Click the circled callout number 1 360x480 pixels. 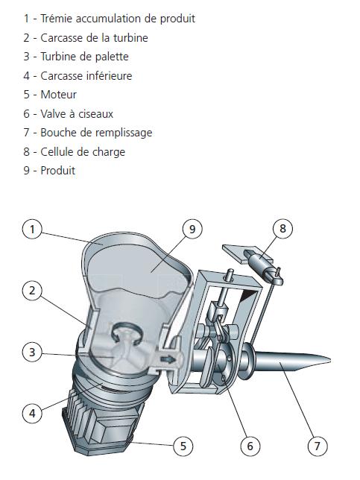tap(32, 229)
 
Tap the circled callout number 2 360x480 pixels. tap(32, 291)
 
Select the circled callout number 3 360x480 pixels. tap(32, 352)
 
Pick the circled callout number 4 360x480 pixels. tap(32, 414)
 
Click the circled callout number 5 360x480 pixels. tap(183, 446)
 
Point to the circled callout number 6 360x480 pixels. tap(250, 446)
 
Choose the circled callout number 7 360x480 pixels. tap(318, 446)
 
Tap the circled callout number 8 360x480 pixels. tap(282, 228)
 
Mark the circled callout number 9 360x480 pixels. tap(192, 229)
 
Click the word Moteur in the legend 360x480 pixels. tap(58, 95)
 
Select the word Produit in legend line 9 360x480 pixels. tap(58, 171)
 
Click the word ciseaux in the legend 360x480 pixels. tap(96, 114)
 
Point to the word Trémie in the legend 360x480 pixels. tap(57, 19)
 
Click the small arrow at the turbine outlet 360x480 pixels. tap(168, 359)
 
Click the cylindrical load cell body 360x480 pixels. tap(258, 261)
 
